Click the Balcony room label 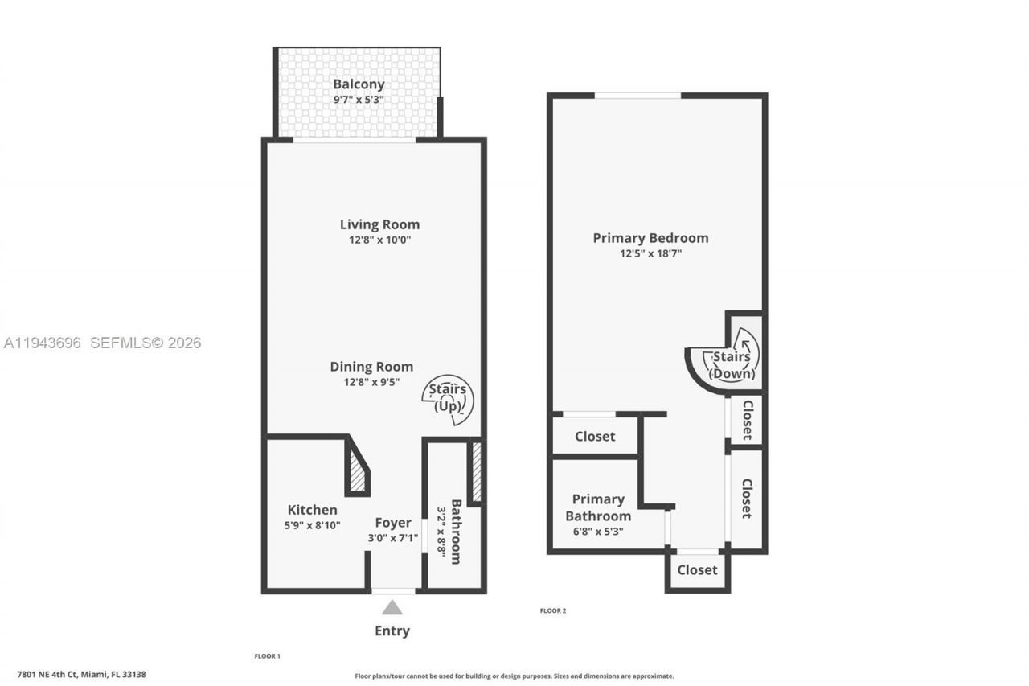tap(359, 84)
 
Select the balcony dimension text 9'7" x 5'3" tap(359, 100)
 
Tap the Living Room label tap(379, 224)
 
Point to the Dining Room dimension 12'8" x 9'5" tap(371, 382)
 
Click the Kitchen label tap(313, 510)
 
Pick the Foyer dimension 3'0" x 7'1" tap(393, 538)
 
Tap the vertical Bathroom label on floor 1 tap(456, 532)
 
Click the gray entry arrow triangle tap(392, 607)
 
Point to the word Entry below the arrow tap(392, 631)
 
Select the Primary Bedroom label tap(650, 238)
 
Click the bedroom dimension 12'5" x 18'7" tap(650, 253)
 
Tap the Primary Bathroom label tap(598, 507)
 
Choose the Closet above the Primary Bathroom tap(595, 436)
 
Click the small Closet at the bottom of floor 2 tap(697, 569)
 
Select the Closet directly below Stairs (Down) tap(747, 420)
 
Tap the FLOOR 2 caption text tap(553, 610)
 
